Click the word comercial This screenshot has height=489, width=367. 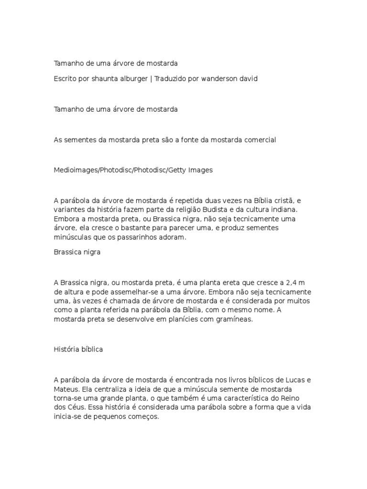coord(258,140)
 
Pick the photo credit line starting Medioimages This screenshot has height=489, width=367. coord(133,170)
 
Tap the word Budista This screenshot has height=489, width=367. coord(200,210)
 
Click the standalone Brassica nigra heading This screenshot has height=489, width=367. coord(77,252)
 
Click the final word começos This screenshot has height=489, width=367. coord(142,416)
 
